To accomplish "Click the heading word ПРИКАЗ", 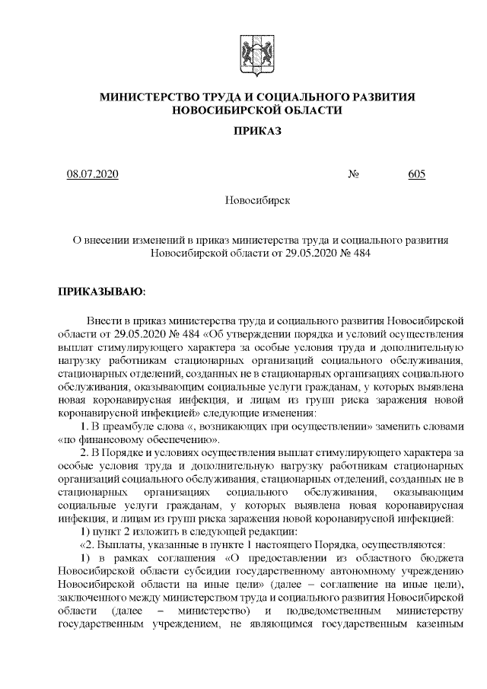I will [x=257, y=132].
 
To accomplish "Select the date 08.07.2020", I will [x=93, y=174].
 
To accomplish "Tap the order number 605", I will [x=416, y=174].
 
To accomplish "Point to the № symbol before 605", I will [x=354, y=174].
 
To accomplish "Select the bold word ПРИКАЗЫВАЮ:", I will [x=101, y=292].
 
